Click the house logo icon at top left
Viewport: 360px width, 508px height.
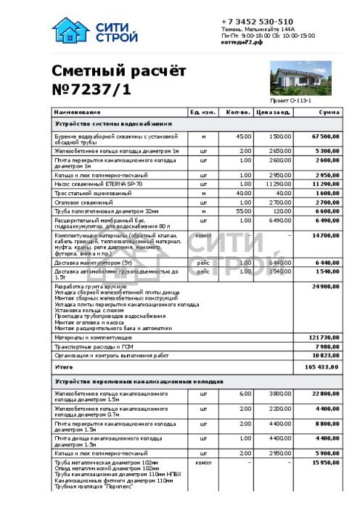coord(69,30)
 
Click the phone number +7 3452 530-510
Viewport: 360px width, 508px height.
coord(258,22)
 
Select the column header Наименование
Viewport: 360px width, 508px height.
coord(76,112)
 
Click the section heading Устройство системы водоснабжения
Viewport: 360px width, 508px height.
coord(113,124)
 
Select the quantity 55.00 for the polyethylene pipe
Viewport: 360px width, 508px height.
coord(245,210)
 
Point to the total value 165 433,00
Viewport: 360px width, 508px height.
coord(323,367)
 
